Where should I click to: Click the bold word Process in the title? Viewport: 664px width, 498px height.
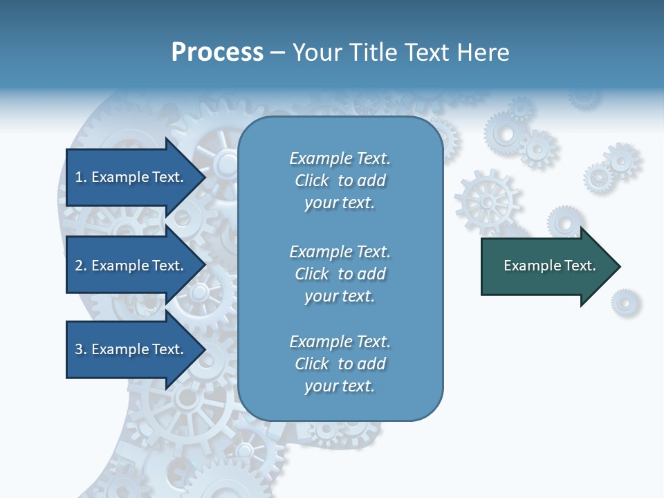point(217,52)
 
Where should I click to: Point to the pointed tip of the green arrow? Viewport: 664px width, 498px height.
point(619,266)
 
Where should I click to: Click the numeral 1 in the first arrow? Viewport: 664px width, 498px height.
point(79,178)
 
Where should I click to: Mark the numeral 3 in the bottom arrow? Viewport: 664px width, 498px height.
point(79,350)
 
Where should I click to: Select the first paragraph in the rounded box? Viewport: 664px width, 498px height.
point(340,181)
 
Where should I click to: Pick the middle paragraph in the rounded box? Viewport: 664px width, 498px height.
point(340,274)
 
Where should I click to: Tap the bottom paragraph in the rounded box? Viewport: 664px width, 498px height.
point(340,364)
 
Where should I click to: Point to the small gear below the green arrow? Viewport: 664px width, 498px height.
point(625,302)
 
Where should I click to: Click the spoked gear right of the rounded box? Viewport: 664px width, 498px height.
point(487,201)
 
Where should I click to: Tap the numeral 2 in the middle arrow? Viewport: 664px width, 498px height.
point(79,266)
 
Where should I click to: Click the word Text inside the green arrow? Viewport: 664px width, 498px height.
point(580,266)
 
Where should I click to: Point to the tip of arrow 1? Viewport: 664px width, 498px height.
point(205,177)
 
